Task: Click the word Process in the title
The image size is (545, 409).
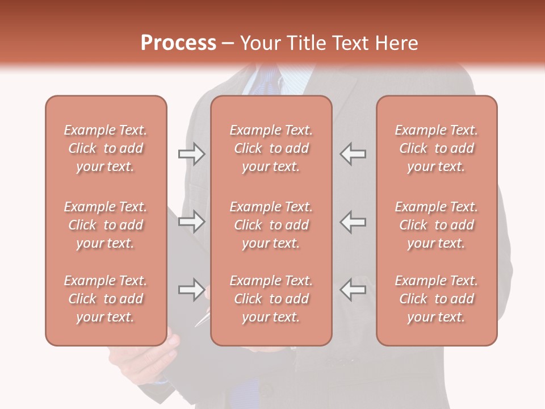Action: click(178, 43)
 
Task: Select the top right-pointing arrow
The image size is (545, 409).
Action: click(191, 154)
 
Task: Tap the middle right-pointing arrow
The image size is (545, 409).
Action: click(191, 222)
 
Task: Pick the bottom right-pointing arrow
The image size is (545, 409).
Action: click(191, 290)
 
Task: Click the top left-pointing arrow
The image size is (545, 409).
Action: click(353, 154)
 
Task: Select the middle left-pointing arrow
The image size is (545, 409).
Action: click(353, 222)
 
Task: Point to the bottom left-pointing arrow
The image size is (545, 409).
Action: click(353, 290)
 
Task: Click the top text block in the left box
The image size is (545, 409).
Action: click(106, 148)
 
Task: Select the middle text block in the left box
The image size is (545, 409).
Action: click(106, 225)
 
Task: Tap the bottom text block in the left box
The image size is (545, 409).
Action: click(106, 299)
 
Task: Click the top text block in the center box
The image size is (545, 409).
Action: click(271, 148)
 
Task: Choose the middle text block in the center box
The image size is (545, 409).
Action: click(271, 225)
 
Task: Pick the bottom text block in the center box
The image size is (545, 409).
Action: click(271, 299)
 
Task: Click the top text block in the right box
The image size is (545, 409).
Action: click(436, 148)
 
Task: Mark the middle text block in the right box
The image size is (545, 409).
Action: click(436, 225)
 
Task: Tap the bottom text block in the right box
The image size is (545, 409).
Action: click(436, 299)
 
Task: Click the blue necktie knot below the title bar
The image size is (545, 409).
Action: click(271, 80)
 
